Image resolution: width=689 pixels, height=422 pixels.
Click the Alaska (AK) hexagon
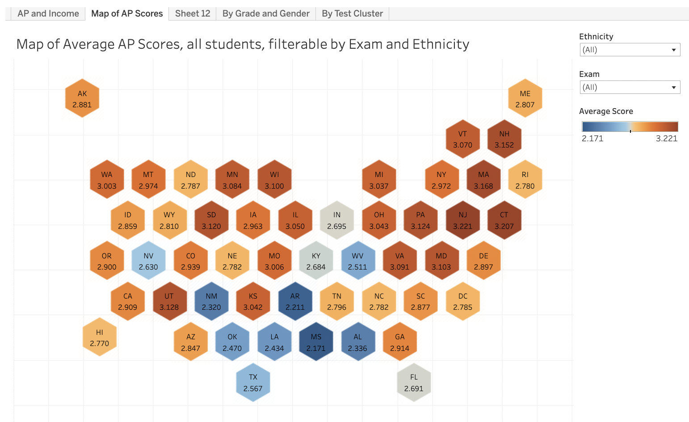(82, 99)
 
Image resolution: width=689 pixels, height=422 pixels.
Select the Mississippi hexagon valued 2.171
(316, 342)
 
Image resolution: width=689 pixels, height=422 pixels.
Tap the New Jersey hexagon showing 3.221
(462, 220)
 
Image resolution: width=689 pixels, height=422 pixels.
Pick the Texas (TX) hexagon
(253, 383)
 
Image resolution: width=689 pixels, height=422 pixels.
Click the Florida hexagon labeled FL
(414, 383)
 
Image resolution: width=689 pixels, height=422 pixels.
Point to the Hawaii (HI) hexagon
(99, 338)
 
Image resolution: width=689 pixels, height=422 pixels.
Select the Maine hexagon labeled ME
(525, 99)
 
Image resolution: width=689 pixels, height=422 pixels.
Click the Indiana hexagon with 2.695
(337, 220)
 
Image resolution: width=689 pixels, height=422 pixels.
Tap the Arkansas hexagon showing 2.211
(295, 301)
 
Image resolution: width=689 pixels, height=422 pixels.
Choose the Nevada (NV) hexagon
(148, 261)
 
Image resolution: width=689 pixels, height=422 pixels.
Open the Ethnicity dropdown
(630, 50)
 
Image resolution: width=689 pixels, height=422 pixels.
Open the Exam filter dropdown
(630, 87)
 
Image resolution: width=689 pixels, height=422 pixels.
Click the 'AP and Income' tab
(48, 13)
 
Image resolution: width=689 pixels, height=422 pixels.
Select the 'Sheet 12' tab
(193, 13)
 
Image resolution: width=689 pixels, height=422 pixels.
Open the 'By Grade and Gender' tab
(266, 13)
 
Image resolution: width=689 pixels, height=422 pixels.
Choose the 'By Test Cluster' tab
(352, 13)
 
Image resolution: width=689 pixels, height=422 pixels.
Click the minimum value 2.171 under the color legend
(592, 139)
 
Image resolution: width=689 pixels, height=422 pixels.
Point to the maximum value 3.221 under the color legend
(666, 139)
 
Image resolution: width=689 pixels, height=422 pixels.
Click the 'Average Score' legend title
(606, 111)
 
